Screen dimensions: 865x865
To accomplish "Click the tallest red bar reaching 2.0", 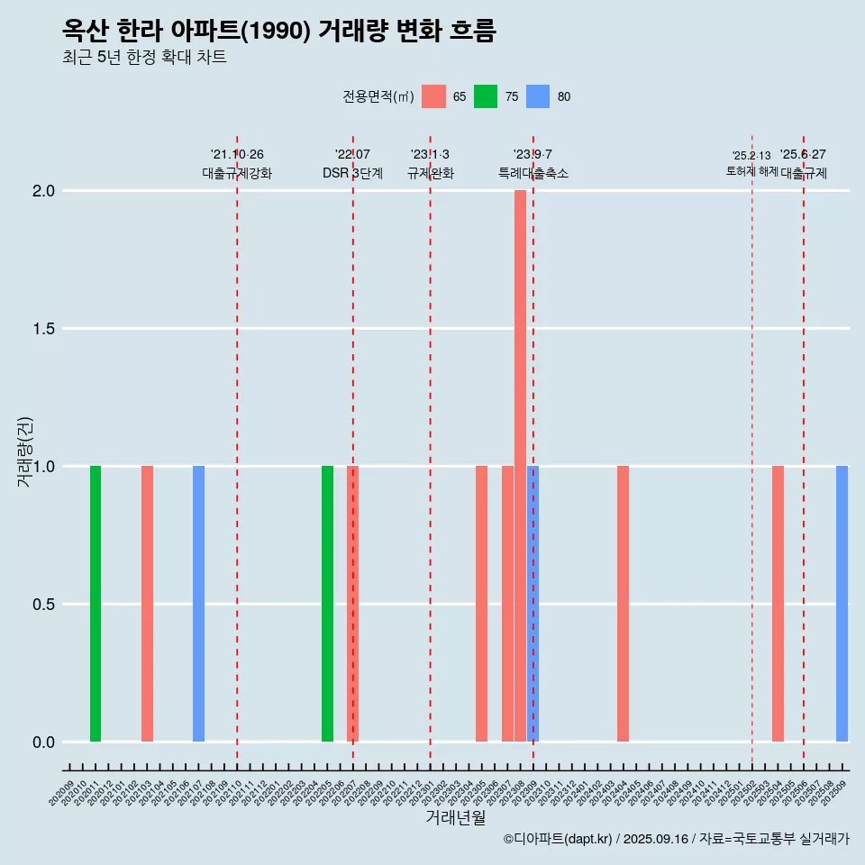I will (x=520, y=466).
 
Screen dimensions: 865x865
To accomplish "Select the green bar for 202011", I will (x=96, y=604).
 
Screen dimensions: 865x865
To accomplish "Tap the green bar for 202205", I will (x=327, y=604).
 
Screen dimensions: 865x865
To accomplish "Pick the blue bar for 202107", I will (x=198, y=604).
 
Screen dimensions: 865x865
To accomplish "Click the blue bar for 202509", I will (x=842, y=604).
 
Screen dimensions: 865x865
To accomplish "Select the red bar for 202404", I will (x=623, y=604).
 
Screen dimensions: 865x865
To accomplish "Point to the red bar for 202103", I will (x=147, y=604).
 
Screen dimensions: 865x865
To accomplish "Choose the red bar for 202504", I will (x=778, y=604).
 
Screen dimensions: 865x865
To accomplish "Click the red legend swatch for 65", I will (x=433, y=96).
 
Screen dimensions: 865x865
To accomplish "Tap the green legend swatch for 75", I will (x=486, y=96).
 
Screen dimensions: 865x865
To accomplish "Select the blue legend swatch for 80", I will (x=538, y=96).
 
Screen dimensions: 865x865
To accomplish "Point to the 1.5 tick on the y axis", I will (x=44, y=329).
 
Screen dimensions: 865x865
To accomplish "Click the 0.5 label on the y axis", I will (x=44, y=605).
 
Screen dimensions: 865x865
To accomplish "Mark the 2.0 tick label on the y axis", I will (x=44, y=191).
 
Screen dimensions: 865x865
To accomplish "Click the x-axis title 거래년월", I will (x=455, y=818).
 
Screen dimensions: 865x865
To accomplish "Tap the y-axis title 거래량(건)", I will (x=24, y=451).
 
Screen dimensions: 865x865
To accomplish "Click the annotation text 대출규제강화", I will (x=236, y=173).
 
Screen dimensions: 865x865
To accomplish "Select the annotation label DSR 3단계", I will (x=352, y=173).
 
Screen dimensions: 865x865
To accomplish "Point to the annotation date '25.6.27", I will (x=803, y=155).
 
